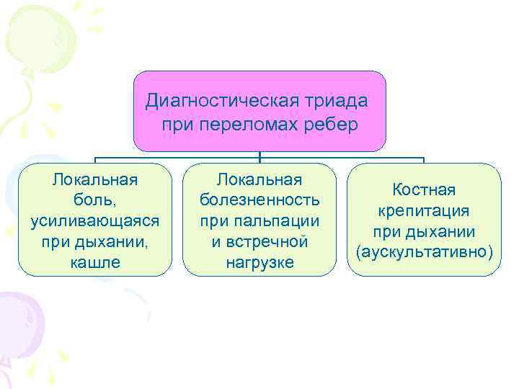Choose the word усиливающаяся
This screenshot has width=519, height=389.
[x=95, y=219]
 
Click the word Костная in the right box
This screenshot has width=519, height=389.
[x=424, y=189]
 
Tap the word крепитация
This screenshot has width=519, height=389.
[x=424, y=210]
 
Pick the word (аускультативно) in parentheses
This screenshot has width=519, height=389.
[x=424, y=252]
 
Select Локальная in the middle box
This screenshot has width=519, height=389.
[x=259, y=177]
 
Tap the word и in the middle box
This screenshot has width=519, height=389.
[x=216, y=241]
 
